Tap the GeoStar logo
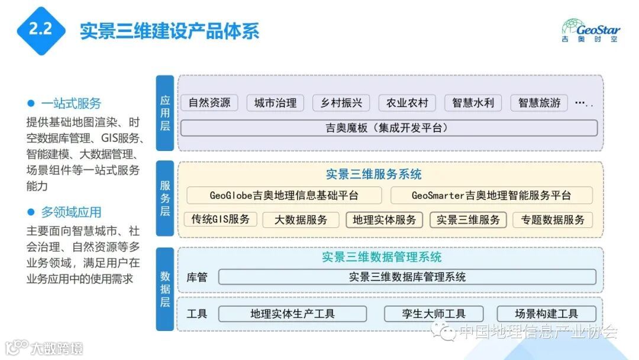click(590, 30)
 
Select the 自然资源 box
click(209, 102)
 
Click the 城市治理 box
click(275, 102)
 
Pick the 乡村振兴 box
click(341, 102)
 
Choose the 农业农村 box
click(407, 102)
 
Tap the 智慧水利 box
click(473, 102)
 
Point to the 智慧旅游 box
click(539, 102)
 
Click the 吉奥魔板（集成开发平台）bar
click(389, 128)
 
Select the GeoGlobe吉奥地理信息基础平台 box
click(284, 195)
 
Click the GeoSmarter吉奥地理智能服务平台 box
click(491, 195)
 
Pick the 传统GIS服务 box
click(220, 220)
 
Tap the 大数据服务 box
click(301, 220)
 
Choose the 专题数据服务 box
click(553, 220)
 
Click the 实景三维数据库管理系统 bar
click(407, 277)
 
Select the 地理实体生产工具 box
click(292, 314)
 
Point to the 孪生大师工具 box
click(434, 314)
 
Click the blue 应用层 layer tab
click(165, 112)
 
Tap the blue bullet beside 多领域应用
click(31, 211)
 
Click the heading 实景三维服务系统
click(374, 175)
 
